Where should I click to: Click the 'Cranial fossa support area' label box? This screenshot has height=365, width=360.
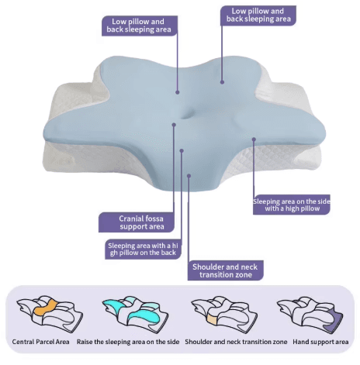click(x=137, y=222)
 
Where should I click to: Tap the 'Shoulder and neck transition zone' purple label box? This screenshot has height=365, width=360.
click(x=225, y=270)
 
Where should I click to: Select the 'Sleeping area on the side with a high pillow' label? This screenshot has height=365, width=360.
click(x=292, y=205)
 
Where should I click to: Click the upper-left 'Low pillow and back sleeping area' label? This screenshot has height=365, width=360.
click(x=140, y=26)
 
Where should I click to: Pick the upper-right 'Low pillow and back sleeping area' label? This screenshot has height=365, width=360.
click(x=258, y=15)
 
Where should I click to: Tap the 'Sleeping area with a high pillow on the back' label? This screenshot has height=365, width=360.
click(x=143, y=250)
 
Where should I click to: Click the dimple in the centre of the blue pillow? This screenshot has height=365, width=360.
click(x=186, y=115)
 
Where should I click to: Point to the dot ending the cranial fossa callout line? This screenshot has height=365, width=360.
click(x=174, y=125)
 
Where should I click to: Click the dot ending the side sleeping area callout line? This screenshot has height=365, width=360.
click(x=254, y=139)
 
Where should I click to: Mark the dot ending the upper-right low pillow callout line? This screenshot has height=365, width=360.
click(x=222, y=82)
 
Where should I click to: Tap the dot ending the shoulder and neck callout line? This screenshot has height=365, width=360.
click(x=189, y=176)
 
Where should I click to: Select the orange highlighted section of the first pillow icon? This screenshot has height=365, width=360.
click(x=46, y=308)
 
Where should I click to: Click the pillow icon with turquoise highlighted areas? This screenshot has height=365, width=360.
click(x=135, y=314)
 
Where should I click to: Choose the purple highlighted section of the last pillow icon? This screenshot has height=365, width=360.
click(x=334, y=320)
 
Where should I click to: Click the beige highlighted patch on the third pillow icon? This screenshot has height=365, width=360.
click(x=213, y=319)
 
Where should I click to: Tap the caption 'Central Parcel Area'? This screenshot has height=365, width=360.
click(x=41, y=342)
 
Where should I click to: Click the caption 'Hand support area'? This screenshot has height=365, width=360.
click(x=320, y=342)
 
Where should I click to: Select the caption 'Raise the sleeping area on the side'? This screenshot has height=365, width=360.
click(x=128, y=342)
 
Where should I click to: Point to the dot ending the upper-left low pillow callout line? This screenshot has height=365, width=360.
click(x=178, y=92)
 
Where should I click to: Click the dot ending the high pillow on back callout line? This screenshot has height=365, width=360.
click(x=182, y=150)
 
